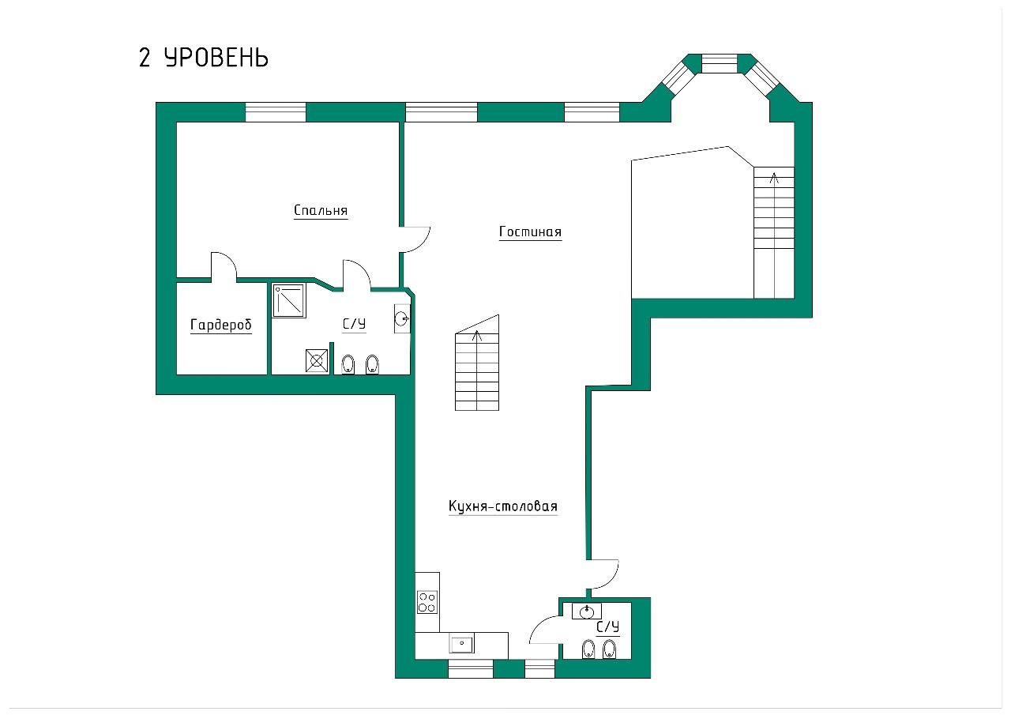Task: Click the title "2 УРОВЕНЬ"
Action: point(204,58)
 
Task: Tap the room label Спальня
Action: point(321,210)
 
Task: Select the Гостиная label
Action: point(530,232)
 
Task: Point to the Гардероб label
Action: point(220,325)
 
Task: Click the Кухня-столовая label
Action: point(503,506)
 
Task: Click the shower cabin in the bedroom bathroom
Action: point(289,301)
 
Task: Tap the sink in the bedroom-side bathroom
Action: point(402,319)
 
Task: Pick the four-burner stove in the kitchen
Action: point(427,602)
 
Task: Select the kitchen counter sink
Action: point(461,643)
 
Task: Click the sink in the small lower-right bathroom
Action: point(586,612)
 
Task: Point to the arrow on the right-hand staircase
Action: point(775,235)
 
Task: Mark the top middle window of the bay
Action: point(720,64)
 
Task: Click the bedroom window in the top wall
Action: point(276,112)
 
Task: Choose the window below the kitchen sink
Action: point(470,668)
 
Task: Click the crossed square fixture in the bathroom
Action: point(317,361)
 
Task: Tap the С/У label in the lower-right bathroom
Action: point(608,627)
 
